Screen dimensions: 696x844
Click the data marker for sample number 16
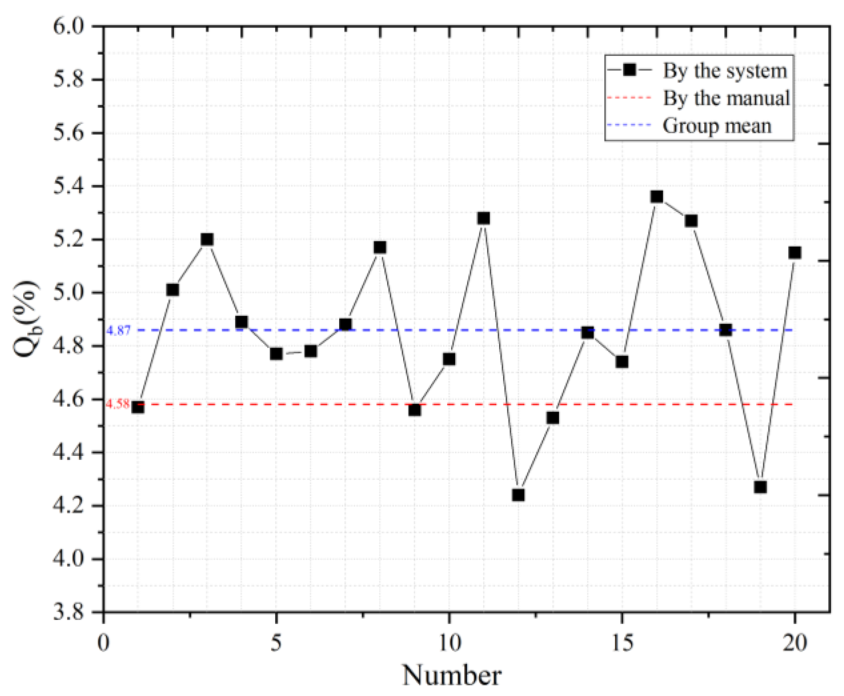(657, 197)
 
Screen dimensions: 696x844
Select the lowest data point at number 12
(518, 495)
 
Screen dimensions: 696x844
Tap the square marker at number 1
(138, 407)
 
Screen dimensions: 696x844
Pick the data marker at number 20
(795, 253)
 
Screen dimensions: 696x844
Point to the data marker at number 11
(483, 218)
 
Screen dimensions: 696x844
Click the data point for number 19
(760, 487)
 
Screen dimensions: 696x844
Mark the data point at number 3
(207, 240)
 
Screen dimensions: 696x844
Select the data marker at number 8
(380, 247)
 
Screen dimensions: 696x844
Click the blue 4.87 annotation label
(119, 330)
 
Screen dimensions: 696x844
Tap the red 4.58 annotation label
(118, 404)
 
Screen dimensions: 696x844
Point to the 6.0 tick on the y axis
(69, 27)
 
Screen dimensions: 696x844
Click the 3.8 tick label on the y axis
(69, 612)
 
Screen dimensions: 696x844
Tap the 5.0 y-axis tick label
(69, 293)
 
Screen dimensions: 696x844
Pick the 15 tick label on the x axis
(622, 642)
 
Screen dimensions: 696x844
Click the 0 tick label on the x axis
(103, 642)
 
